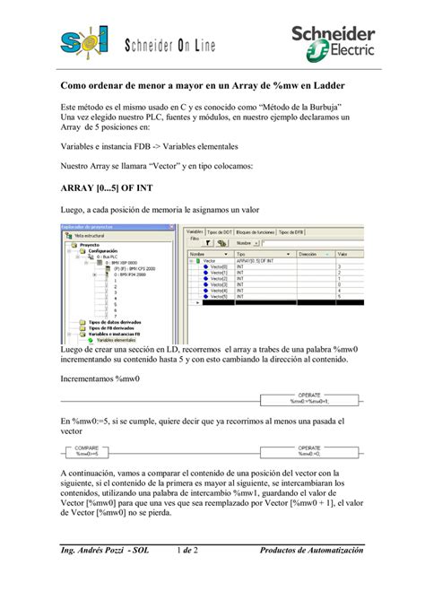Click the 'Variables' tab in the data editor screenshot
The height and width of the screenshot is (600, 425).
coord(195,231)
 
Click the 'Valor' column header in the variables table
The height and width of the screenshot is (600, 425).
coord(342,255)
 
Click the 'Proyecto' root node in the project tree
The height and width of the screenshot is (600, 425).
coord(90,244)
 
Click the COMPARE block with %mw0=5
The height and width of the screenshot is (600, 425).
coord(88,452)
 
